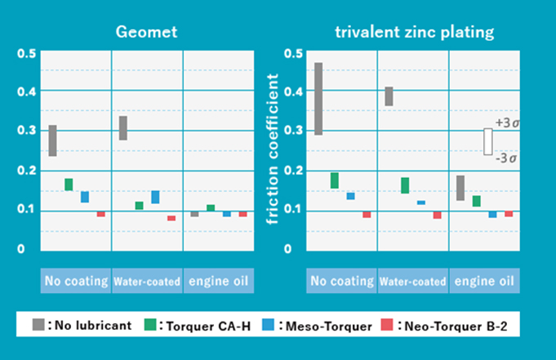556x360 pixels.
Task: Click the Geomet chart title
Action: coord(145,33)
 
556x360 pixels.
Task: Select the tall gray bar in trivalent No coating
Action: coord(318,98)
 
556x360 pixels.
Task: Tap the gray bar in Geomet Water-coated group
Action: coord(123,128)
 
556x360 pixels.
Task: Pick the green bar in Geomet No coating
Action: coord(69,184)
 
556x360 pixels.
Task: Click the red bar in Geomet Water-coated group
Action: coord(171,218)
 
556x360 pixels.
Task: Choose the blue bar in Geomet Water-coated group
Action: coord(155,197)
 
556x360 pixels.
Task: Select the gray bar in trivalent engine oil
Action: coord(460,188)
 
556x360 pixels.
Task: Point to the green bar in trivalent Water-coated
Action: coord(405,185)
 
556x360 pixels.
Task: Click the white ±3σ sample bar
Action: coord(487,141)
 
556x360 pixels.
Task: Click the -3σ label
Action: coord(506,158)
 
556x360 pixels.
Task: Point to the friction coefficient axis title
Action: coord(274,150)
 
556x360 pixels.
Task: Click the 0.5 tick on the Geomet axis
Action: coord(27,54)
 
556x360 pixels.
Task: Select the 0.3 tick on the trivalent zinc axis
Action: coord(294,131)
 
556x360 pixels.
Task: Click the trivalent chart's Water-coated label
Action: coord(412,282)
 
